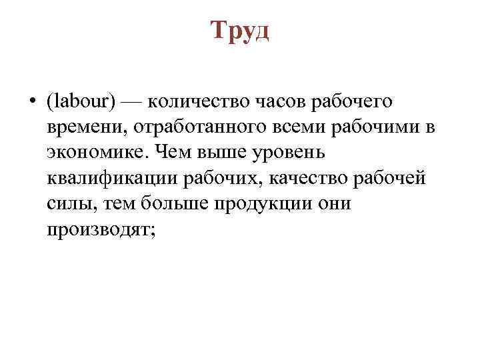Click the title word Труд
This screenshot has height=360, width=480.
click(240, 30)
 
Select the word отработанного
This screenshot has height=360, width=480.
click(186, 127)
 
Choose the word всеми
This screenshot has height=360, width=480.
click(282, 127)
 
